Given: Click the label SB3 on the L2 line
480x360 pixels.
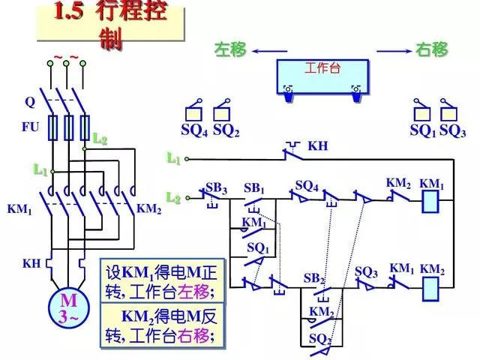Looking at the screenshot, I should (216, 186).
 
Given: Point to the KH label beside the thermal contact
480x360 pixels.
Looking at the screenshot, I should (318, 145).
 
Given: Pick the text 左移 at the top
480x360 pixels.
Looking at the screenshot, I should (230, 50).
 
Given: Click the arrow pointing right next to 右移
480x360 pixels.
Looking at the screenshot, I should (393, 50).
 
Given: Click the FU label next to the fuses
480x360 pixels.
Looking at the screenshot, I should (30, 127).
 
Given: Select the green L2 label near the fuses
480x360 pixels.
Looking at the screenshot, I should (100, 139).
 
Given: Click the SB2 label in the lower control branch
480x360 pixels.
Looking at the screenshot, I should (313, 278).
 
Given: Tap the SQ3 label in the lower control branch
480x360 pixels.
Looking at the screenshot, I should (366, 271).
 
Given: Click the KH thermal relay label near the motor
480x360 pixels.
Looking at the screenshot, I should (31, 263).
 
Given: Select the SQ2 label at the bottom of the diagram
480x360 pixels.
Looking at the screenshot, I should (320, 339).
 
